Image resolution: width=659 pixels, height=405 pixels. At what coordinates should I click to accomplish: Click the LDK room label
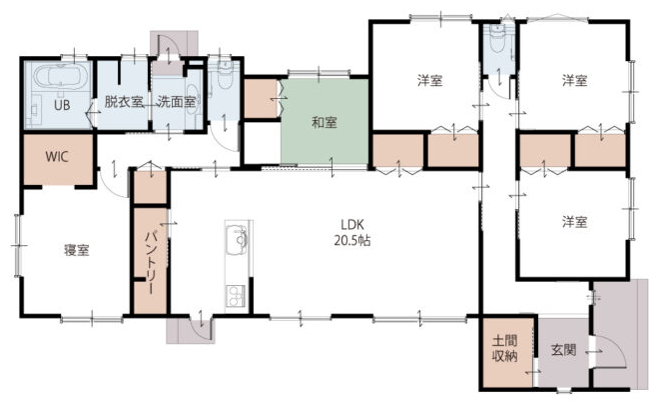351,224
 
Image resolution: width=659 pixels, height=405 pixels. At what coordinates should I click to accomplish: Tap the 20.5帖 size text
352,240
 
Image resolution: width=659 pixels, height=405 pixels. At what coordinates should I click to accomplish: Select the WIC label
57,157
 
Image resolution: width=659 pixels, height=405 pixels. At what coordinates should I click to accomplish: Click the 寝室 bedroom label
77,250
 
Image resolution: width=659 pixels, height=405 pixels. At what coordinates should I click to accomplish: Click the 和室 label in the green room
325,123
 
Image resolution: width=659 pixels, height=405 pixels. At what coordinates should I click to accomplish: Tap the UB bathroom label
62,105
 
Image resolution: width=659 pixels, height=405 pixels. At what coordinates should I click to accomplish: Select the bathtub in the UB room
61,77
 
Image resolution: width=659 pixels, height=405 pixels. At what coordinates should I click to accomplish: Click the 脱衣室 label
123,101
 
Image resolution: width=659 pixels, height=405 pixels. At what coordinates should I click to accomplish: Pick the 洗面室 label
176,101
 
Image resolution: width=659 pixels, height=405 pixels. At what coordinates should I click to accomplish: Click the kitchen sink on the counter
238,240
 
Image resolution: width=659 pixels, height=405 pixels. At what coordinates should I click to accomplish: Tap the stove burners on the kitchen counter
236,296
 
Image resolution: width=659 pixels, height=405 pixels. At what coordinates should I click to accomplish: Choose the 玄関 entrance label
563,349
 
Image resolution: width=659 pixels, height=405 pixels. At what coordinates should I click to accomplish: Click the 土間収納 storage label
505,348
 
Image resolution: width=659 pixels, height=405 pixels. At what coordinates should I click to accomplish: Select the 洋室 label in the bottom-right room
574,221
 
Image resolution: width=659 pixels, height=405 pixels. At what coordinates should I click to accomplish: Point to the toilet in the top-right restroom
498,39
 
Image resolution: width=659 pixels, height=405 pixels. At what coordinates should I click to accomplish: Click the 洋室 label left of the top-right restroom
430,80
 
